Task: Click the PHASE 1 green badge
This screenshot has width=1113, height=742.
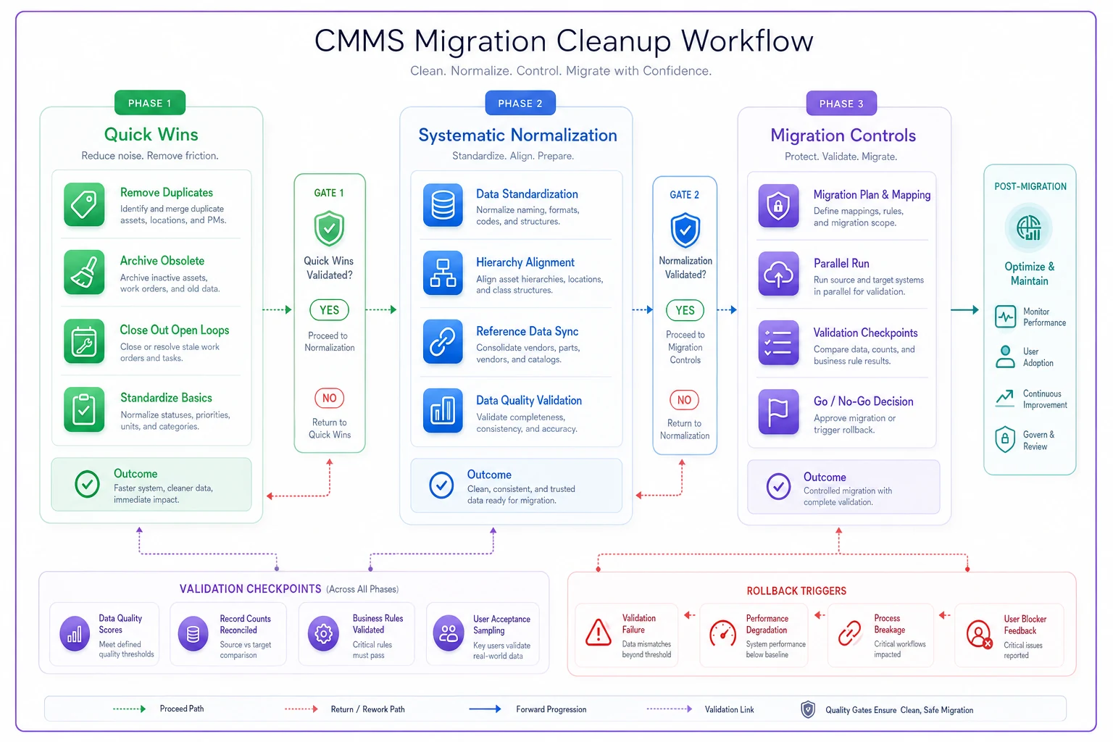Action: [x=149, y=103]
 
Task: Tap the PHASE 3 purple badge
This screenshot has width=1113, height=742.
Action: [x=841, y=104]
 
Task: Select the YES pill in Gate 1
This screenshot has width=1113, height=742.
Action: [x=330, y=310]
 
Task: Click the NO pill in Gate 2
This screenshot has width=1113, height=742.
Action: [x=684, y=399]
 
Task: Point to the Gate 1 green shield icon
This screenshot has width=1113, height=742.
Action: [x=329, y=228]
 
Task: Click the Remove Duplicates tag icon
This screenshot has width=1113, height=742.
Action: [x=84, y=205]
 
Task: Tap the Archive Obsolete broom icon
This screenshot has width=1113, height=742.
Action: [x=84, y=272]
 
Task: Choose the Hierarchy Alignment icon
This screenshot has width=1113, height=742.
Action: [x=443, y=273]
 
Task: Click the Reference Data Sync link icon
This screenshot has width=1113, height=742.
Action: [x=443, y=341]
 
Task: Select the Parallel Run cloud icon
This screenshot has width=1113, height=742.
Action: [x=779, y=274]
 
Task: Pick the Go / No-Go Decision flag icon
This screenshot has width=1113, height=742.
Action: [x=779, y=412]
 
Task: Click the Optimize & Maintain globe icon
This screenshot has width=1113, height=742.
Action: [x=1028, y=228]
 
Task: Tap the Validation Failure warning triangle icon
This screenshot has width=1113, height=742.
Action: [x=599, y=632]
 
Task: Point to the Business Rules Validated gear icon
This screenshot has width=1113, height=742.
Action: [x=323, y=633]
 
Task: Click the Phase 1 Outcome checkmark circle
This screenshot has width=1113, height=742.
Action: [x=87, y=484]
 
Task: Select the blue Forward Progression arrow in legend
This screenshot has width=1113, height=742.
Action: [x=485, y=709]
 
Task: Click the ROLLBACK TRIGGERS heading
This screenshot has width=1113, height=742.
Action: [x=796, y=591]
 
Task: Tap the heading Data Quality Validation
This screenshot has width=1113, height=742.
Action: [x=529, y=400]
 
